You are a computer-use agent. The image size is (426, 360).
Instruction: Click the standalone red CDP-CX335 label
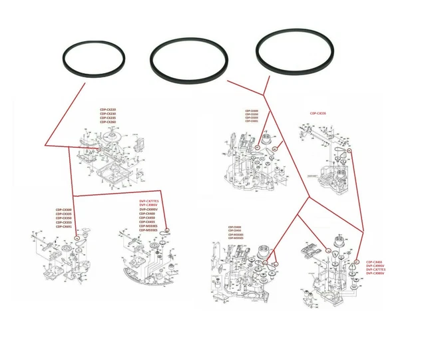[318, 113]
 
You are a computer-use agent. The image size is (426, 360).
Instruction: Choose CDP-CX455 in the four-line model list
[374, 262]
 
